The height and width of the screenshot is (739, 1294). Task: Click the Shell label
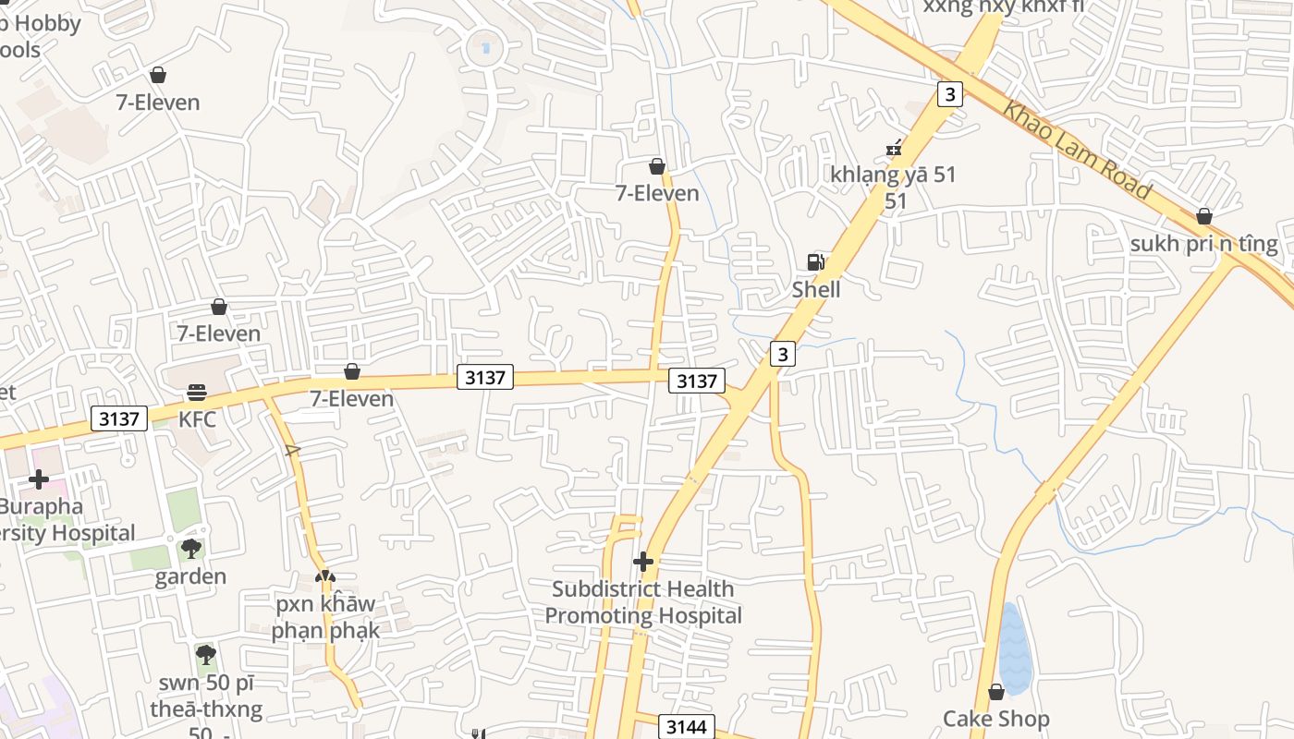click(816, 289)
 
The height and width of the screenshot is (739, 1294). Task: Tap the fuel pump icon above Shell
click(815, 262)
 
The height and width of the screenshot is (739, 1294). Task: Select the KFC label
click(197, 418)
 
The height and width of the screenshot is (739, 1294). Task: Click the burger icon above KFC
click(196, 393)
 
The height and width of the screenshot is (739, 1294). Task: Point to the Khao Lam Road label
click(1078, 151)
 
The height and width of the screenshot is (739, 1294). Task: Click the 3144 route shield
click(686, 727)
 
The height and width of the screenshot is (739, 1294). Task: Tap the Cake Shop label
click(995, 719)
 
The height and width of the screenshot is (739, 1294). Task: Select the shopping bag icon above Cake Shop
click(995, 692)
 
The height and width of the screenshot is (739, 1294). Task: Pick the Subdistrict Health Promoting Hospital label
click(642, 602)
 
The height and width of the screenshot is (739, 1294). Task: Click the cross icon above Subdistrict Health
click(642, 562)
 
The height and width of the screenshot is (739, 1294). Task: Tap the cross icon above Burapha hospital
click(39, 479)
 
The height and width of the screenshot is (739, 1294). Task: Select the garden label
click(190, 576)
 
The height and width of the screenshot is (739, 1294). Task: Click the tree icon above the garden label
click(190, 550)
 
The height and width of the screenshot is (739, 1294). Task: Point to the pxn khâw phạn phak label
click(324, 617)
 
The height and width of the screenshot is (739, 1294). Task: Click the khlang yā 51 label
click(893, 174)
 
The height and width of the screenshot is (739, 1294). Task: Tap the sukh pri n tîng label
click(1203, 244)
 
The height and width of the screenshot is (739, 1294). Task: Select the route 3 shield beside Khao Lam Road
click(950, 93)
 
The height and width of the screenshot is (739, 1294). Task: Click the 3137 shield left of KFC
click(120, 418)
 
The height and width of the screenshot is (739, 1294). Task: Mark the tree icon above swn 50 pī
click(205, 656)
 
